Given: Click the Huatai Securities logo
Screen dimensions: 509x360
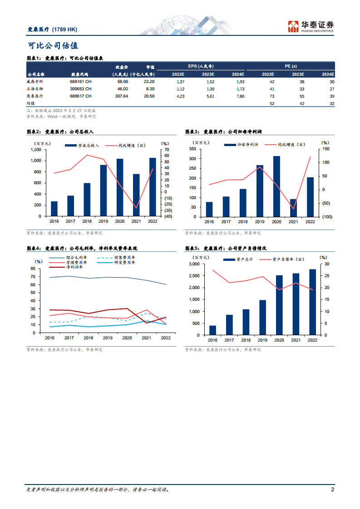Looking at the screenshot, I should click(311, 26).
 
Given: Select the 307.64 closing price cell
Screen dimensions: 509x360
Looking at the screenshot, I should click(122, 96).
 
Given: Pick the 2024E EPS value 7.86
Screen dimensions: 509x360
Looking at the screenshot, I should click(238, 96).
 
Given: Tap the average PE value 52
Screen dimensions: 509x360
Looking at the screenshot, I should click(272, 104).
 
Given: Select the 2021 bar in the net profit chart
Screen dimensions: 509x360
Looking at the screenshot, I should click(293, 208).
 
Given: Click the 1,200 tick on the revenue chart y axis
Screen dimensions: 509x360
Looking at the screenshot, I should click(36, 150).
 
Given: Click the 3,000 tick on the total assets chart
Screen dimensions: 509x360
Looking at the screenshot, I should click(194, 264).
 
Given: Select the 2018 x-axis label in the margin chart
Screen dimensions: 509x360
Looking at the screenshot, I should click(88, 338).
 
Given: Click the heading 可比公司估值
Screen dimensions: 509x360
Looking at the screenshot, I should click(53, 45).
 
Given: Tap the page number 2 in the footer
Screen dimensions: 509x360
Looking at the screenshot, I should click(333, 490).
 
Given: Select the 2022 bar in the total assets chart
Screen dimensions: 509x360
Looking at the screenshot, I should click(312, 302).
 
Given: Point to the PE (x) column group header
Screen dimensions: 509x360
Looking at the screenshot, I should click(291, 66).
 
